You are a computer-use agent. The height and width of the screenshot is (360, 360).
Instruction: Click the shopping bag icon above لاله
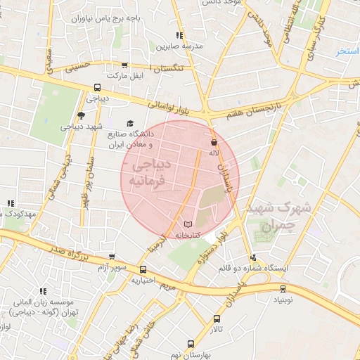tap(213, 141)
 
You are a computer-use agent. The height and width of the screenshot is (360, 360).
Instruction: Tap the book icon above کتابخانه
tap(187, 224)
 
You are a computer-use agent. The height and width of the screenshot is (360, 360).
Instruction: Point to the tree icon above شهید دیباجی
tap(82, 115)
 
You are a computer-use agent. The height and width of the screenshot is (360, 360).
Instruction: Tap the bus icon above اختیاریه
tap(143, 269)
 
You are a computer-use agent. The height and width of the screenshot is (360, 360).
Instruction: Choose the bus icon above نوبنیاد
tap(283, 288)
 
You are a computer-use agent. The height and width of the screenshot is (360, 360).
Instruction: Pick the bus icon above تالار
tap(217, 319)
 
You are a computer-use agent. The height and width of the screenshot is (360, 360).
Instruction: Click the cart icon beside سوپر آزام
tap(111, 257)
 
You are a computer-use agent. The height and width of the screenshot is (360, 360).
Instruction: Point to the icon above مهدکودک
tap(10, 204)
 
